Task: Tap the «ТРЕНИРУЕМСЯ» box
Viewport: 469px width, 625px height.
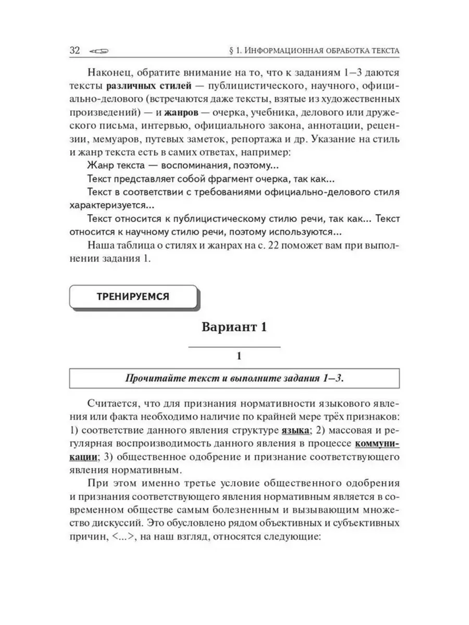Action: tap(133, 296)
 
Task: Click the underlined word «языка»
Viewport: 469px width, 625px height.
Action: tap(293, 430)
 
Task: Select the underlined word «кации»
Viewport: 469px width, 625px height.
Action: tap(84, 457)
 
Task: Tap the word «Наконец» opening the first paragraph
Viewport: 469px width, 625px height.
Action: tap(109, 71)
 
